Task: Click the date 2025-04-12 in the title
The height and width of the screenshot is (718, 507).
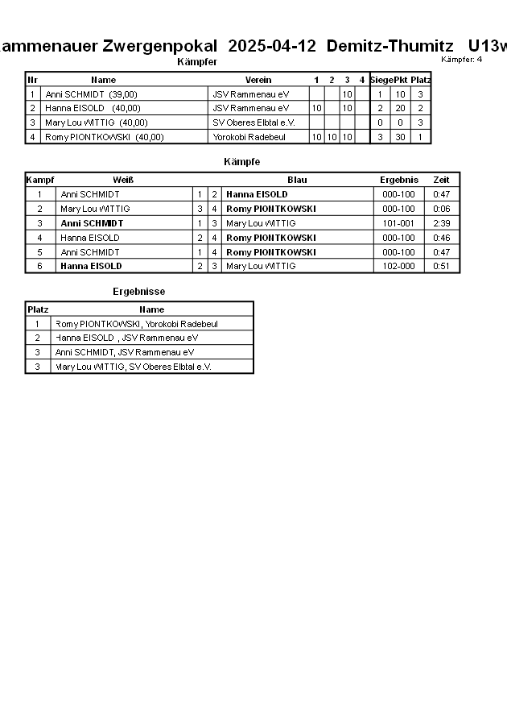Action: [272, 46]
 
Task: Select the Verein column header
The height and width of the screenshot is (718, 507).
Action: [258, 80]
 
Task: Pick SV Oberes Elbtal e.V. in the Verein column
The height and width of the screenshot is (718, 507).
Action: [253, 122]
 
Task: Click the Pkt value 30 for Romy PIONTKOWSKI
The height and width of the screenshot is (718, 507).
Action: [399, 137]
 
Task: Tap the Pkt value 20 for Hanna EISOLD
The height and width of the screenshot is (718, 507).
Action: [399, 108]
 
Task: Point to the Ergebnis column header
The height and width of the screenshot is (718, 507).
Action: [398, 180]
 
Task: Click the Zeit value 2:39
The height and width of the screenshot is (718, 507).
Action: [441, 223]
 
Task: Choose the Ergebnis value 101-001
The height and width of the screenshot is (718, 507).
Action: [398, 223]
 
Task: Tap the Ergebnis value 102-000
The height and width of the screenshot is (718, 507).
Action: [398, 266]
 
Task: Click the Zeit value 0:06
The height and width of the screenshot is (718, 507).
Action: [441, 209]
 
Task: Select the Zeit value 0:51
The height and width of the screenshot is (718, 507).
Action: [441, 266]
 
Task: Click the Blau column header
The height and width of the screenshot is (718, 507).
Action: [297, 180]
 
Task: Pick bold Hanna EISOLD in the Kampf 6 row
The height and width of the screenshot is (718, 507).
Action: [91, 266]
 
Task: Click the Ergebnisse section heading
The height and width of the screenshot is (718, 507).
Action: [138, 292]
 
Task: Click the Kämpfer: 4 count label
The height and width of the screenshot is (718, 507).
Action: [462, 59]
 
